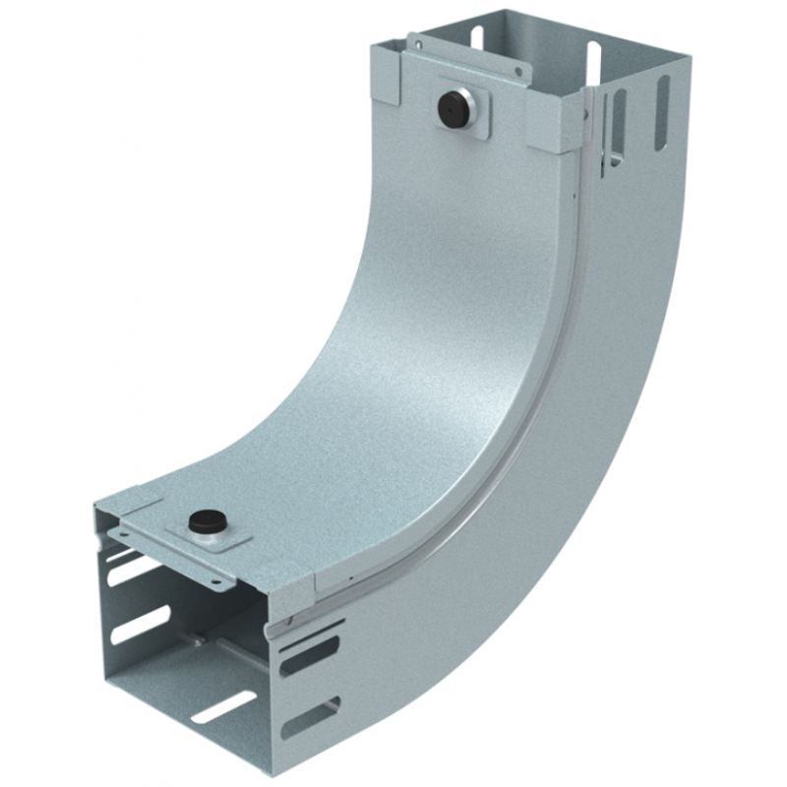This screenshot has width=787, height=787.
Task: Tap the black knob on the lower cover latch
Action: (x=206, y=518)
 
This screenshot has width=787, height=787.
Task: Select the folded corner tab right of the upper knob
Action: (x=558, y=124)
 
